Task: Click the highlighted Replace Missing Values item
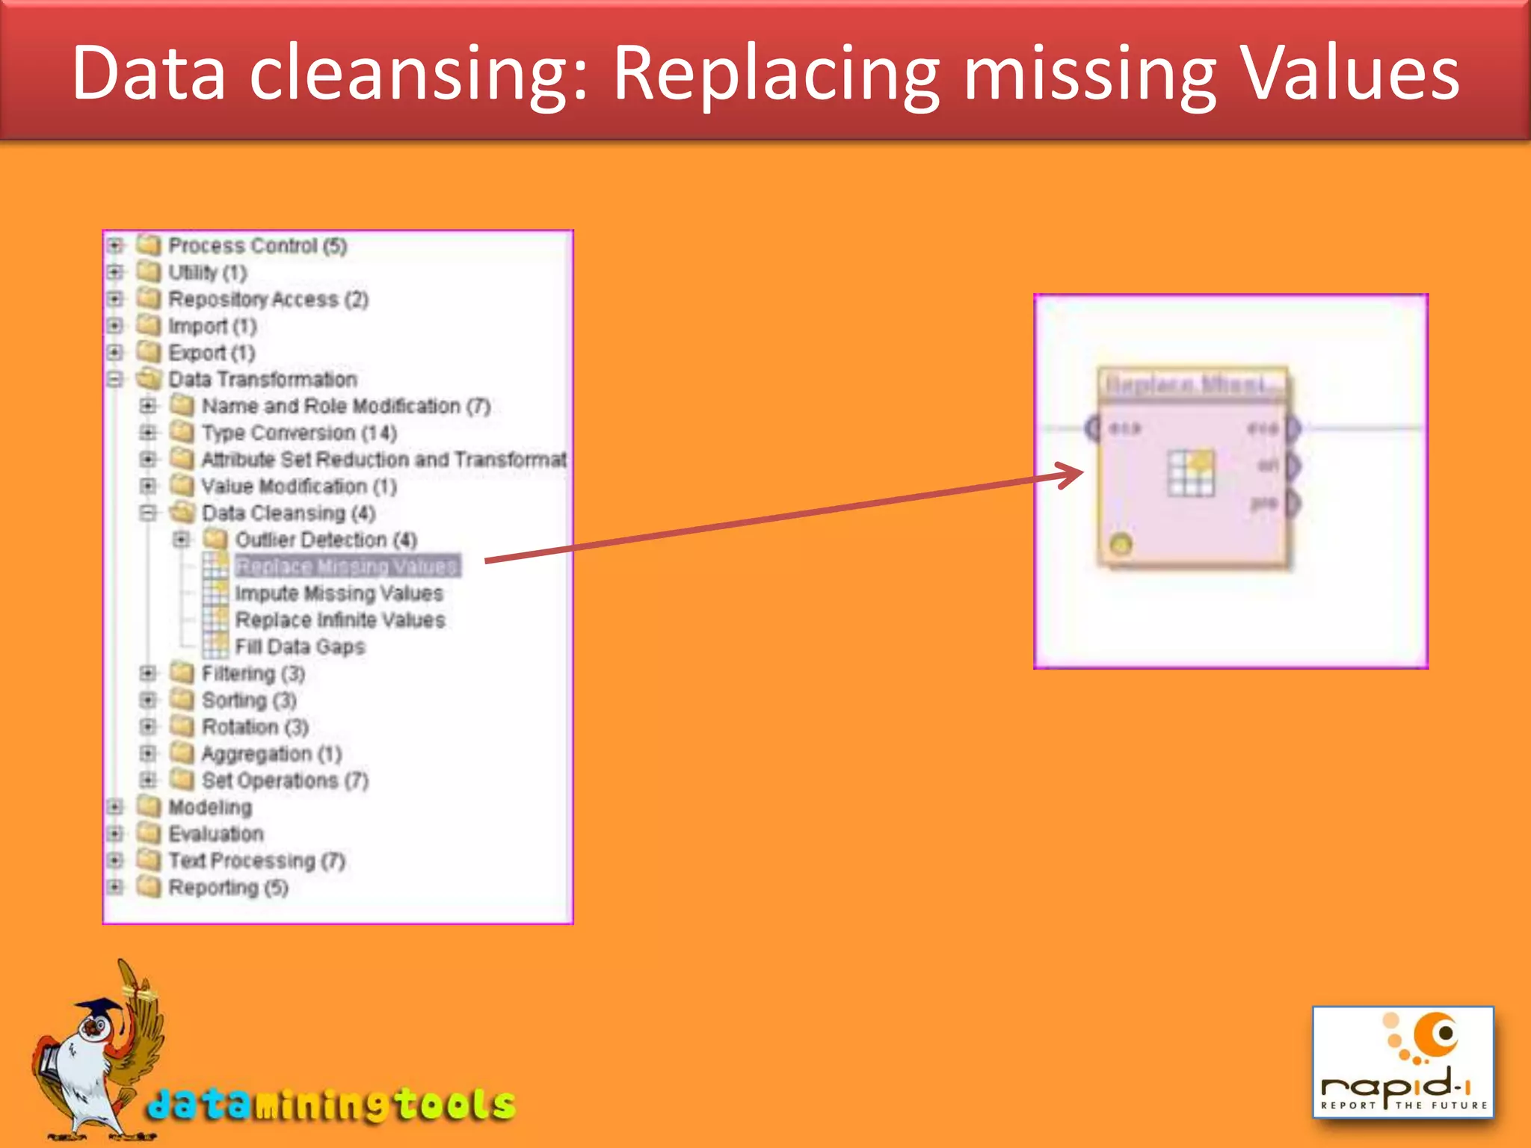pyautogui.click(x=347, y=567)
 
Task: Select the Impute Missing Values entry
pyautogui.click(x=339, y=593)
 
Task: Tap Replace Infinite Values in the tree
pyautogui.click(x=340, y=620)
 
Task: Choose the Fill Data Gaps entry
pyautogui.click(x=300, y=646)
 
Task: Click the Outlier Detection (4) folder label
pyautogui.click(x=326, y=540)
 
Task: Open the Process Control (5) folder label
pyautogui.click(x=257, y=246)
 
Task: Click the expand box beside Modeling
pyautogui.click(x=115, y=807)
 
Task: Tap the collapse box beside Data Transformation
pyautogui.click(x=115, y=380)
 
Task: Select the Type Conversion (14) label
pyautogui.click(x=299, y=433)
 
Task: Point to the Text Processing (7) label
pyautogui.click(x=256, y=861)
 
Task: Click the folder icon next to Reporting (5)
pyautogui.click(x=149, y=887)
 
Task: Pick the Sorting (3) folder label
pyautogui.click(x=249, y=700)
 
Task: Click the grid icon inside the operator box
pyautogui.click(x=1191, y=473)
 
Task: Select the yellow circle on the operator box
pyautogui.click(x=1121, y=544)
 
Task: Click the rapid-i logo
pyautogui.click(x=1403, y=1062)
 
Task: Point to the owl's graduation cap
pyautogui.click(x=101, y=1009)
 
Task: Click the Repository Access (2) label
pyautogui.click(x=268, y=300)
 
